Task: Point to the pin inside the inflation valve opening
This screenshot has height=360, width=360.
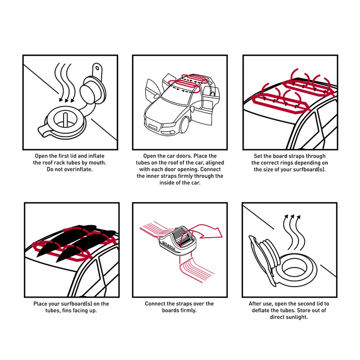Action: (65, 119)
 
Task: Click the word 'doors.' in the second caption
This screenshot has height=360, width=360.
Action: (184, 156)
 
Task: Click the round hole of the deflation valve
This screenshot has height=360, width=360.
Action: (294, 269)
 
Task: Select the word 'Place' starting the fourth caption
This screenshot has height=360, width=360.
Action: (40, 304)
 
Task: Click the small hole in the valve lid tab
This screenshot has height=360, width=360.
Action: (97, 68)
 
